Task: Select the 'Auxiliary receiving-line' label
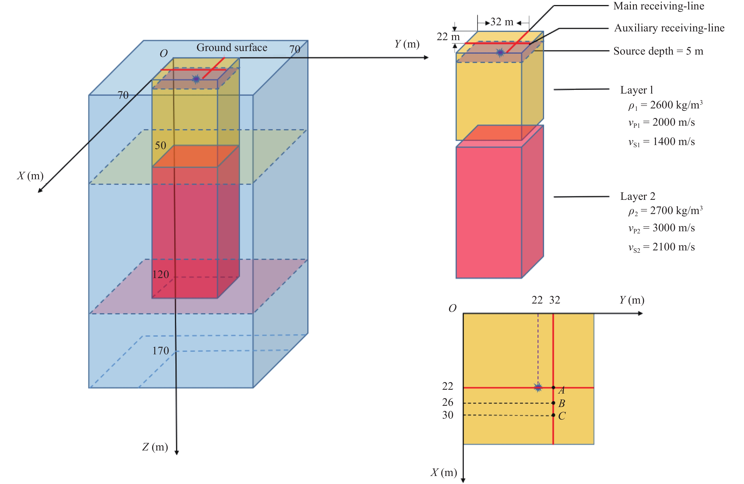[x=669, y=28]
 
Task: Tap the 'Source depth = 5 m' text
[x=658, y=51]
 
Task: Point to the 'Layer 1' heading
[x=637, y=90]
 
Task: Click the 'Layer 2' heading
[x=638, y=196]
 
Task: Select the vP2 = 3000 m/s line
[x=662, y=228]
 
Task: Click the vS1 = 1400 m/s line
[x=662, y=142]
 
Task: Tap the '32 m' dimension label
[x=502, y=22]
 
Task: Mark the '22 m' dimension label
[x=448, y=37]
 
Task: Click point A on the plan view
[x=553, y=388]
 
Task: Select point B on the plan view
[x=553, y=403]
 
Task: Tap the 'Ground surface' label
[x=232, y=47]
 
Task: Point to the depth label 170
[x=161, y=351]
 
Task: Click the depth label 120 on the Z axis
[x=161, y=274]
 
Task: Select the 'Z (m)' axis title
[x=155, y=447]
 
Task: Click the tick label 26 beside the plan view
[x=448, y=403]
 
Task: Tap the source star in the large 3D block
[x=196, y=79]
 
